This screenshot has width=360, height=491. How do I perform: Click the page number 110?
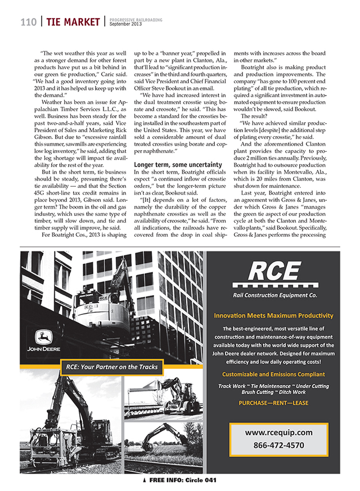point(29,22)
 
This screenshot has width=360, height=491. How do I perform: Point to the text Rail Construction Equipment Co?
point(274,294)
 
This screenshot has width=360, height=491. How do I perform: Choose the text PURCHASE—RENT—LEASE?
point(273,403)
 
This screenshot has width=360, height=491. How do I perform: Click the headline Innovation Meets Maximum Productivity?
point(274,316)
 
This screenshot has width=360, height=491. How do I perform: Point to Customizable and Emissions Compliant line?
point(273,374)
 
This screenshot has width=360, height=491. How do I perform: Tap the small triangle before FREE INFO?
point(145,481)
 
